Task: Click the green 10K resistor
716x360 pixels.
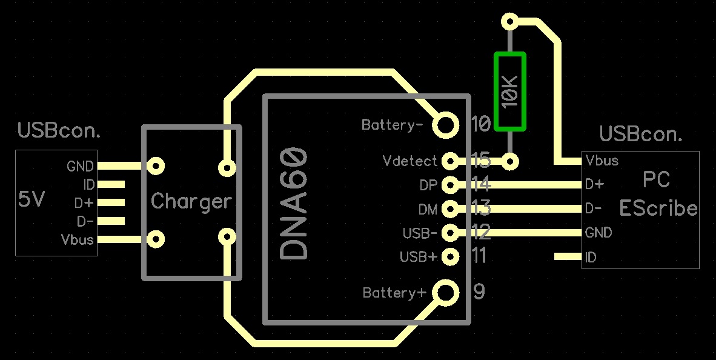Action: click(x=509, y=92)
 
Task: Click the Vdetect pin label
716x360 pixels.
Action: click(x=410, y=161)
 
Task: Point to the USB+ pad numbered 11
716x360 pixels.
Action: click(x=450, y=256)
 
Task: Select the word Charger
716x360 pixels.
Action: click(x=191, y=201)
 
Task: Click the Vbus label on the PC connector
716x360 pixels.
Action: click(x=602, y=161)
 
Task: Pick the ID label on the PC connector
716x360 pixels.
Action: click(x=591, y=258)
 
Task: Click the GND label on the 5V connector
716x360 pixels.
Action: click(x=80, y=166)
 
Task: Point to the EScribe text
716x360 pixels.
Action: click(x=658, y=208)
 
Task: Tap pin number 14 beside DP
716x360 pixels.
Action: click(x=480, y=184)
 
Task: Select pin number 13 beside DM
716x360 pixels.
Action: click(x=480, y=209)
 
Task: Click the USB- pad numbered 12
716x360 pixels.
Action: click(x=450, y=232)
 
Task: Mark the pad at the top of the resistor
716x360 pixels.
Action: click(x=510, y=22)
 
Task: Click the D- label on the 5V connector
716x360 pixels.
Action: click(x=85, y=221)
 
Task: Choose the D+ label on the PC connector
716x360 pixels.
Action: click(x=594, y=184)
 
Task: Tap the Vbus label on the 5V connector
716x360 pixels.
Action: click(x=78, y=239)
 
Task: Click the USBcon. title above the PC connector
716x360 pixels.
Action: click(x=640, y=134)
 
